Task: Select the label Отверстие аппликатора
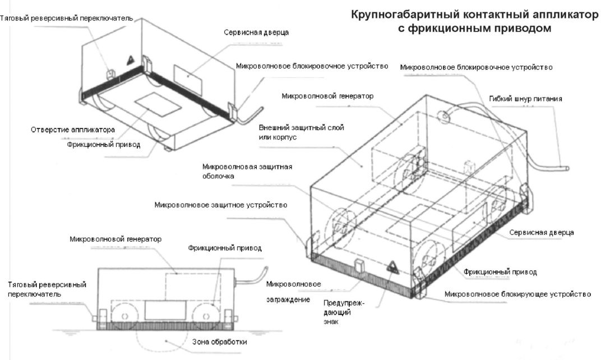73,130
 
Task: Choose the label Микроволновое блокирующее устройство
517,294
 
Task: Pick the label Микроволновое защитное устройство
221,205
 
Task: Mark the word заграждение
288,299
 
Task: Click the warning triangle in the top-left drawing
130,59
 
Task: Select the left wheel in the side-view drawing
123,316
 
